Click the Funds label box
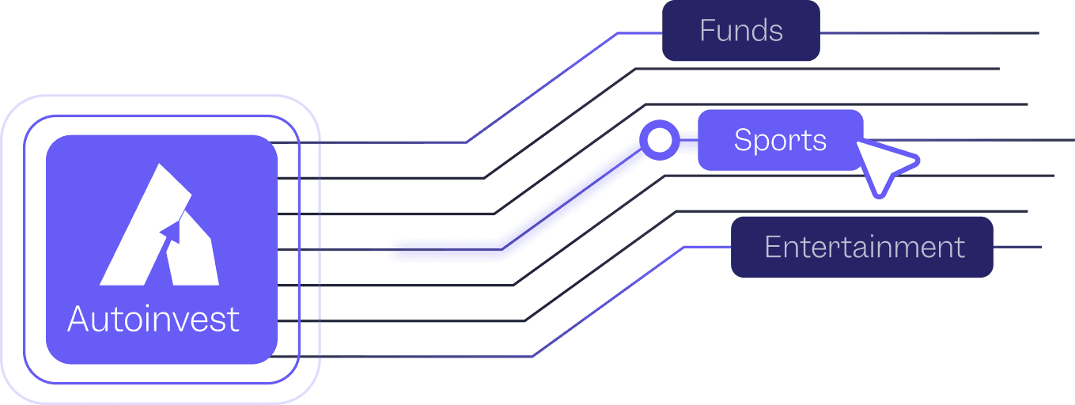click(740, 32)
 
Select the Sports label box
click(779, 140)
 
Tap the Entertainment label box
click(861, 247)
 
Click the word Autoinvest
click(153, 320)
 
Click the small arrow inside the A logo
click(172, 229)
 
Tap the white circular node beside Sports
click(660, 141)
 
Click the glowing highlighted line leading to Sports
click(554, 206)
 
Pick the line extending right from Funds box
click(925, 33)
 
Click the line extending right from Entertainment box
click(1016, 247)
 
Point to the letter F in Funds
click(707, 32)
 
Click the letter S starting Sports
click(742, 140)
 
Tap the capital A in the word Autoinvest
click(78, 320)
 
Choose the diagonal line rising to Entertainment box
click(609, 301)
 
